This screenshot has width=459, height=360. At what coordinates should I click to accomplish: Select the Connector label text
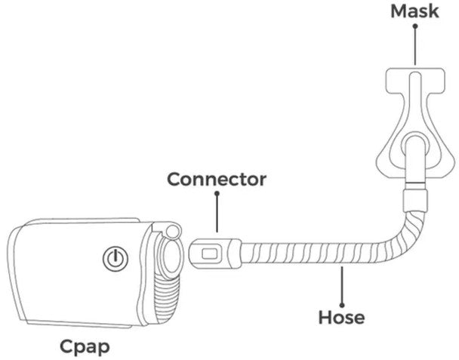point(217,180)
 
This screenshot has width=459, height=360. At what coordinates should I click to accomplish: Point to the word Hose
point(342,317)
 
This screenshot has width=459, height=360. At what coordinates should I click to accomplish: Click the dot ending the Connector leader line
point(217,195)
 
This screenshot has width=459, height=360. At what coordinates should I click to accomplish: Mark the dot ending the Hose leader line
point(343,269)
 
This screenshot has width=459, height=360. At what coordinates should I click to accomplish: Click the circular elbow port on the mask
point(414,148)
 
